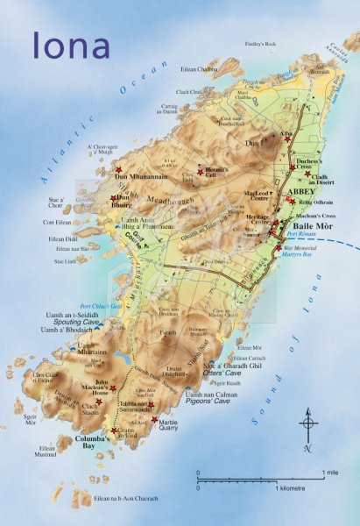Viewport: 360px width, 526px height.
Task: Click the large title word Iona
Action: [72, 45]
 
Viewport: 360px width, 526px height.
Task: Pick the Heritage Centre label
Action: [258, 219]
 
